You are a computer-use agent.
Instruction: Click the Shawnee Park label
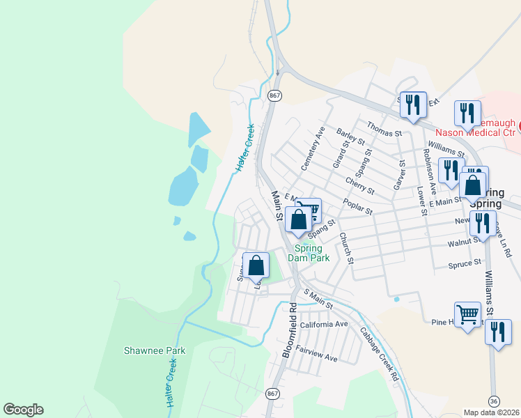[155, 350]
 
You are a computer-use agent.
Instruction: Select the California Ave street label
[324, 325]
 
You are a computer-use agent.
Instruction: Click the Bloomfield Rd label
[290, 330]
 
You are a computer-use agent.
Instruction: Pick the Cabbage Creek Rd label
[380, 354]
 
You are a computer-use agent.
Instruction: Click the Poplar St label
[358, 206]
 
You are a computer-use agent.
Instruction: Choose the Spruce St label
[466, 263]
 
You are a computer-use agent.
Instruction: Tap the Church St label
[346, 248]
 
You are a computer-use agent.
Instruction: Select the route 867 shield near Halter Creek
[274, 95]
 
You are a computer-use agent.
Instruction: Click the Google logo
[23, 410]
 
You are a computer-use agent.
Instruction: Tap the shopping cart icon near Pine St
[467, 314]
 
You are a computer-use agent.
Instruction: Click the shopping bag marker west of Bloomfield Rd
[256, 265]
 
